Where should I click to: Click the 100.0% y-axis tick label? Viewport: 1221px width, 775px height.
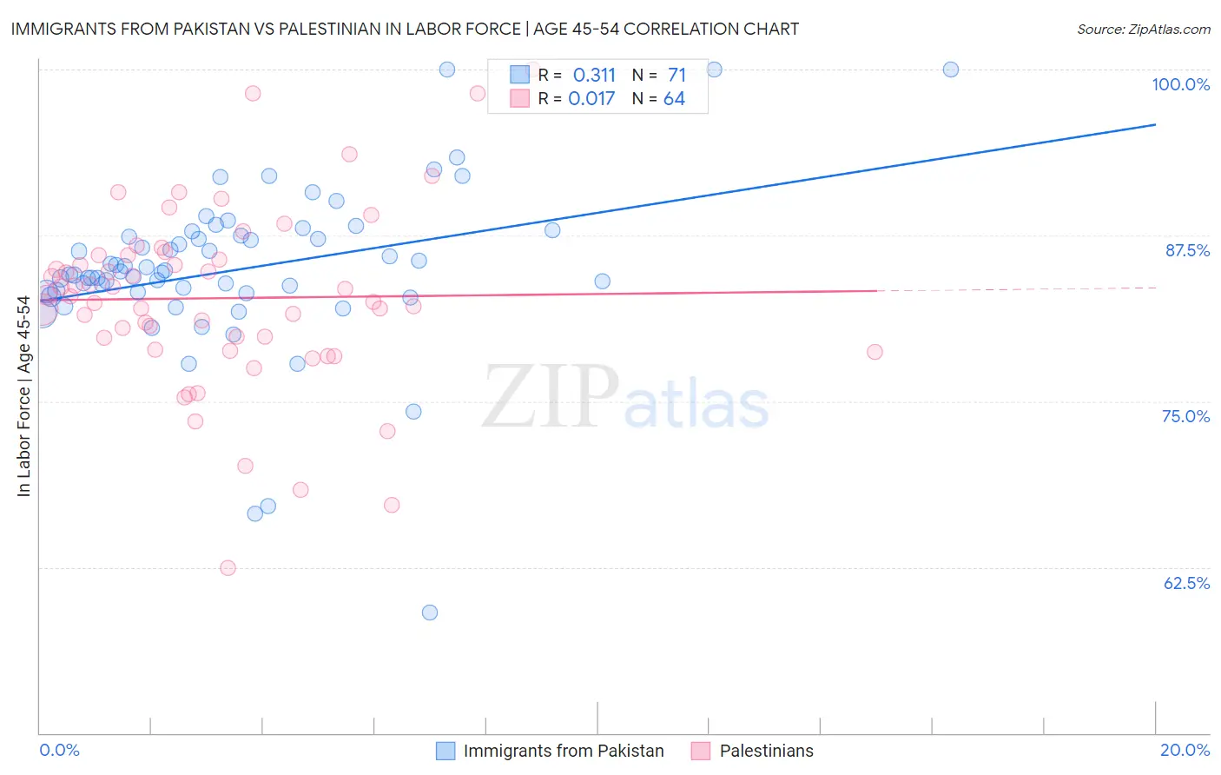click(x=1180, y=84)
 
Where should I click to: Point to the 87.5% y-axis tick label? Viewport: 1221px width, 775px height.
click(x=1187, y=250)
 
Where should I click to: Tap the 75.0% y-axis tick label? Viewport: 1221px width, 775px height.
click(x=1185, y=416)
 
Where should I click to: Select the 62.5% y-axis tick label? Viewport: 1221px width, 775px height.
click(x=1186, y=583)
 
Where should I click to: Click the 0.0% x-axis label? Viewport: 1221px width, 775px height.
click(x=59, y=750)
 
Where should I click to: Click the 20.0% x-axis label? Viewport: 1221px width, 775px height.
click(x=1185, y=750)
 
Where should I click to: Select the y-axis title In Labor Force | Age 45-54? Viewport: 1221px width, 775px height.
click(x=23, y=396)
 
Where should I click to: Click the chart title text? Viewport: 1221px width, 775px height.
click(x=405, y=29)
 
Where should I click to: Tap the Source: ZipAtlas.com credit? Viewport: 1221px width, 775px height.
click(x=1143, y=29)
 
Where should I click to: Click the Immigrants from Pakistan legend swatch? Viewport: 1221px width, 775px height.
click(x=445, y=751)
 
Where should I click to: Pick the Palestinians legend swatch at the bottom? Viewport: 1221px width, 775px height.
click(x=701, y=751)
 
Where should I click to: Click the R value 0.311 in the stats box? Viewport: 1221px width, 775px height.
click(x=594, y=75)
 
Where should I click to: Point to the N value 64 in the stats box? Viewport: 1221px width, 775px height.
click(x=674, y=99)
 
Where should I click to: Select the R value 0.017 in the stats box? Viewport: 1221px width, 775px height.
click(x=591, y=99)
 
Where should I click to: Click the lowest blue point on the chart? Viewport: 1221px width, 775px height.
click(x=430, y=613)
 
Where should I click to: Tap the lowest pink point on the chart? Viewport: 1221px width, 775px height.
click(x=228, y=568)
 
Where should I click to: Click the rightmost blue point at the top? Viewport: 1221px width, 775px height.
click(x=951, y=70)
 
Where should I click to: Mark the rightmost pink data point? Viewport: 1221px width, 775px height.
click(x=874, y=352)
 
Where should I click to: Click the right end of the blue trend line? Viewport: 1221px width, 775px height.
click(x=1155, y=125)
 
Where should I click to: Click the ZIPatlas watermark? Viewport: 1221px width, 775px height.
click(x=625, y=397)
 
